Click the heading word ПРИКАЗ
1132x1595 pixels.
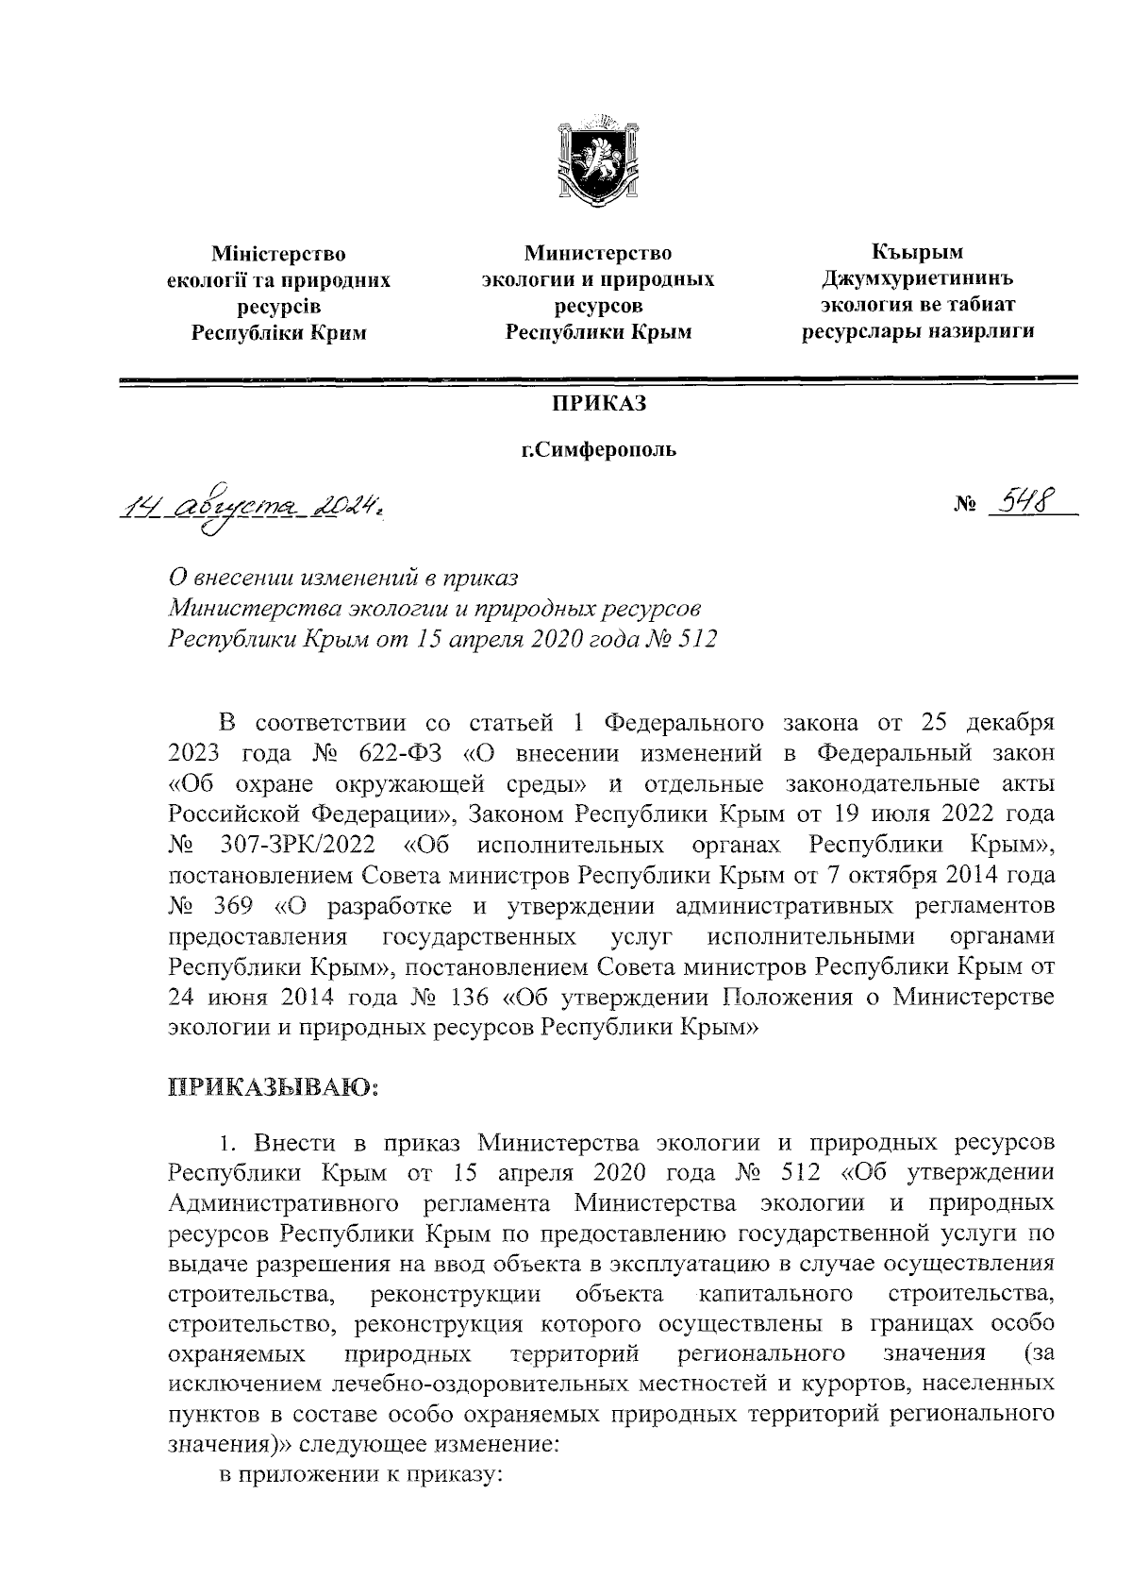point(598,403)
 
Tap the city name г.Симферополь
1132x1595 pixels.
point(600,450)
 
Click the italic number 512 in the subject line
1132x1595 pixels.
point(696,640)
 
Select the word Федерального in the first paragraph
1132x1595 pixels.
point(682,724)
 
